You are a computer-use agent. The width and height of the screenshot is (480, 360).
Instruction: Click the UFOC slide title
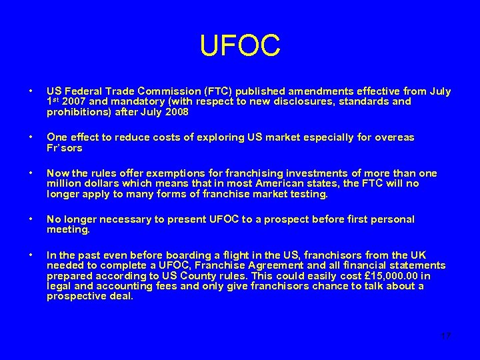(x=240, y=46)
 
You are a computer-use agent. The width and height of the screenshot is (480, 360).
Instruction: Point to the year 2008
(x=175, y=112)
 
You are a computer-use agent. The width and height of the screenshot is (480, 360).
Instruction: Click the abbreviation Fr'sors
(x=63, y=147)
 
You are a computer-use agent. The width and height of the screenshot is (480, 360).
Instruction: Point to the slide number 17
(x=445, y=336)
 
